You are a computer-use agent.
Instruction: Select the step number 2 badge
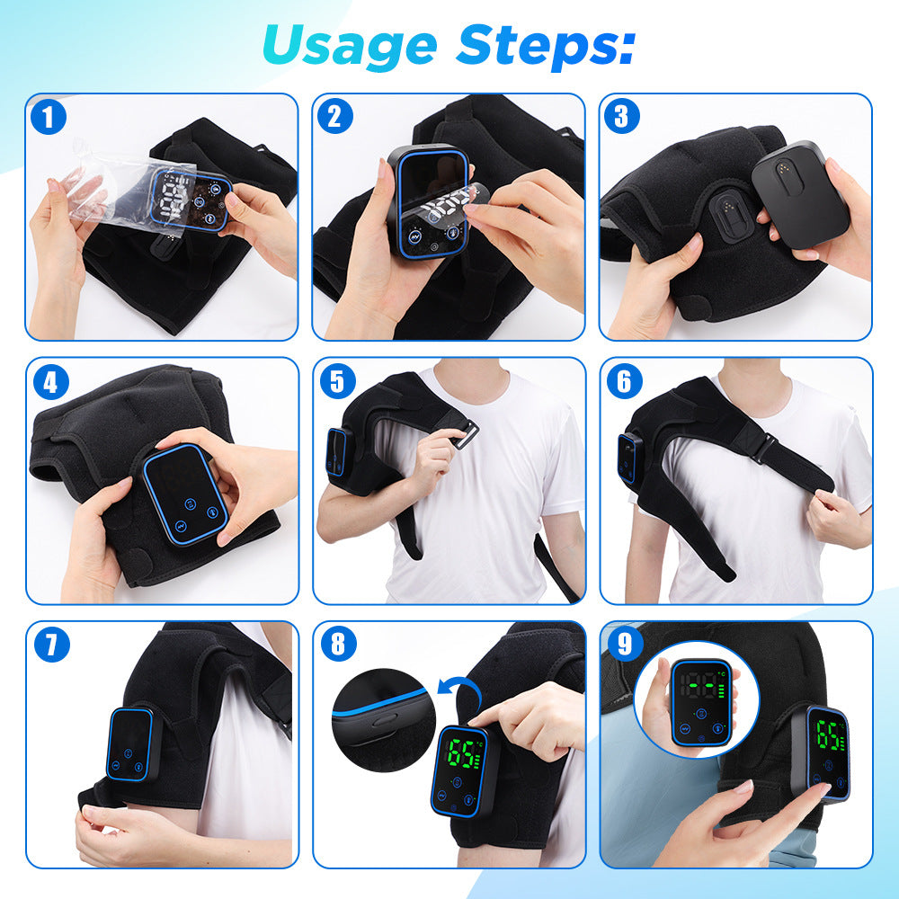pyautogui.click(x=334, y=117)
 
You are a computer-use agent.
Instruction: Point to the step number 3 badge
pyautogui.click(x=621, y=117)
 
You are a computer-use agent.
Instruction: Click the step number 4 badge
pyautogui.click(x=50, y=383)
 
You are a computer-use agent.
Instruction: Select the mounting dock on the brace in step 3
pyautogui.click(x=729, y=217)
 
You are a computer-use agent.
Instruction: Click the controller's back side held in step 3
pyautogui.click(x=800, y=194)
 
